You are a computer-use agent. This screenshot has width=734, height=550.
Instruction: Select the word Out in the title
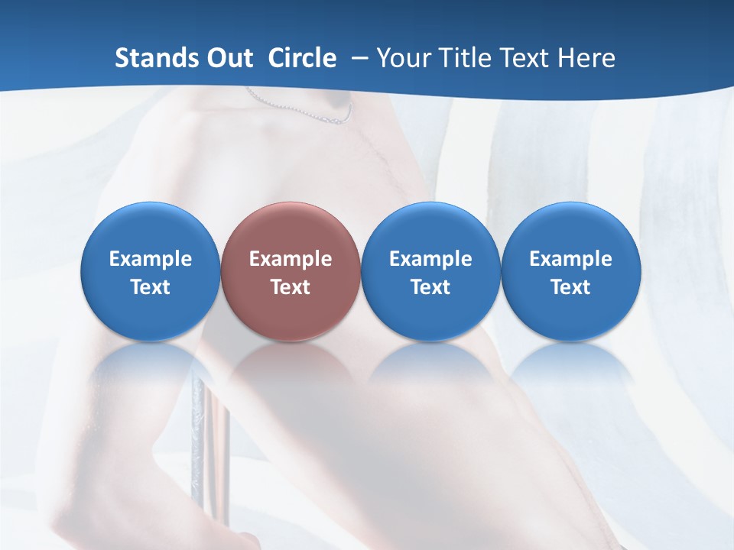click(x=228, y=58)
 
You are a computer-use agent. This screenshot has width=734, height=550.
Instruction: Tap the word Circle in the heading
click(x=302, y=58)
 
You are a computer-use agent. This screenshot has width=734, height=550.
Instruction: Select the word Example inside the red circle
click(x=291, y=259)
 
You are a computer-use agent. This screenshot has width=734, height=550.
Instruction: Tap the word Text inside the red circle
click(x=291, y=287)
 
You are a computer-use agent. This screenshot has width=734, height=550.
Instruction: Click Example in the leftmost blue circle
click(x=151, y=259)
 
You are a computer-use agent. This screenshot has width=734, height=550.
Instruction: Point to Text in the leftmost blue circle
click(x=151, y=287)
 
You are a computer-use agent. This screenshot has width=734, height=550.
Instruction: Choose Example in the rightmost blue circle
click(x=571, y=259)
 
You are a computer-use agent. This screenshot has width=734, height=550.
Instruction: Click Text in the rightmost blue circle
click(x=571, y=287)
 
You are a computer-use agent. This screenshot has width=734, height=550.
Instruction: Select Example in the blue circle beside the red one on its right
click(x=430, y=259)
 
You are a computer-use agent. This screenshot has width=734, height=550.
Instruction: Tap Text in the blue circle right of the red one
click(x=430, y=287)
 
